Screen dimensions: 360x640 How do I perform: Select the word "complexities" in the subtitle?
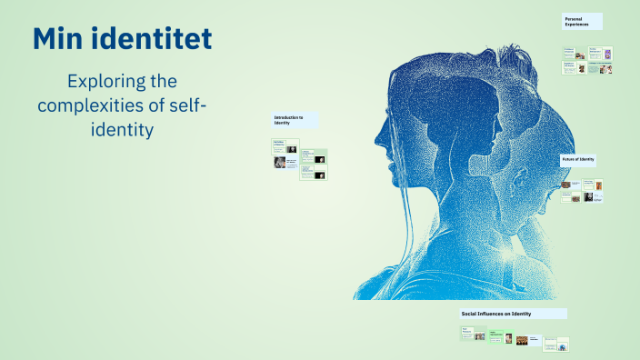pos(90,105)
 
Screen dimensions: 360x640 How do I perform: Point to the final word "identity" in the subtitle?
pos(123,130)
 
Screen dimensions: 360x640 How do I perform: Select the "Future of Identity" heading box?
pos(579,160)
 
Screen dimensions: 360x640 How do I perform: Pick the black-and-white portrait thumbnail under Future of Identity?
pos(588,196)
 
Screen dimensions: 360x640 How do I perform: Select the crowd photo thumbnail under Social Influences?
pos(522,341)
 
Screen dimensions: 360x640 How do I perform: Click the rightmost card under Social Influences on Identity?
pos(563,344)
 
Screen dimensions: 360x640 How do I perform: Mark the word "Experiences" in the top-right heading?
pos(577,25)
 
